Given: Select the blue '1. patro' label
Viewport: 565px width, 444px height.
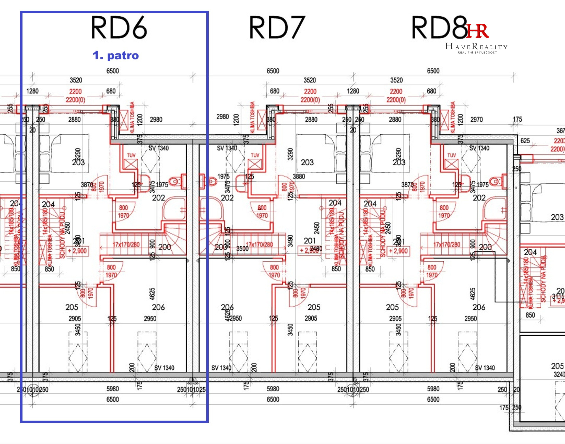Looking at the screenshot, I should pos(116,55).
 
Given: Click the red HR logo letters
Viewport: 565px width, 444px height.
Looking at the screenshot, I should pos(477,31).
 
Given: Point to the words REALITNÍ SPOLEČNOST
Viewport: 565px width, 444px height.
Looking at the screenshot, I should pos(477,52).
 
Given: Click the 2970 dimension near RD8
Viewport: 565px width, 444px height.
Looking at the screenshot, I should pos(477,120).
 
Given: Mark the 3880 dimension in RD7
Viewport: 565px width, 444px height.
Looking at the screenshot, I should pos(299,177).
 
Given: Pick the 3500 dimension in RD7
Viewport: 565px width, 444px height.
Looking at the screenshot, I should pos(242,249).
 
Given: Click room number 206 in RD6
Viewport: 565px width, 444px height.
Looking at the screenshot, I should pos(158,307).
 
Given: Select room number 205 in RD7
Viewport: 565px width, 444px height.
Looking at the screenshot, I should pos(314,307).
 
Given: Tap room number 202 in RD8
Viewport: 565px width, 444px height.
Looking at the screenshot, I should pos(479,198).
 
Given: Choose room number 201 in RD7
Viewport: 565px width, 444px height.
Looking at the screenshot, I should pos(310,241).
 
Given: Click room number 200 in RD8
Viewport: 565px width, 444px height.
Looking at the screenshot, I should pos(485,247).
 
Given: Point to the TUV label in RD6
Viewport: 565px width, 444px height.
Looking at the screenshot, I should pos(131,155).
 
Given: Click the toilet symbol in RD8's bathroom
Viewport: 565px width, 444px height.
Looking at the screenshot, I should pos(495,181).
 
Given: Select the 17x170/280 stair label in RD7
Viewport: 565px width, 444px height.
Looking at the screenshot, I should pos(259,244).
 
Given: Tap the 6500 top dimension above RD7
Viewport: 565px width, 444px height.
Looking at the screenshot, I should pos(273,71).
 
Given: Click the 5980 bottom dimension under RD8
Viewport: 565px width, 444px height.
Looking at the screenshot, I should pos(433,389).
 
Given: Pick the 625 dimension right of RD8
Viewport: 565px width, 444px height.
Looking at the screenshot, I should pos(525,141).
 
